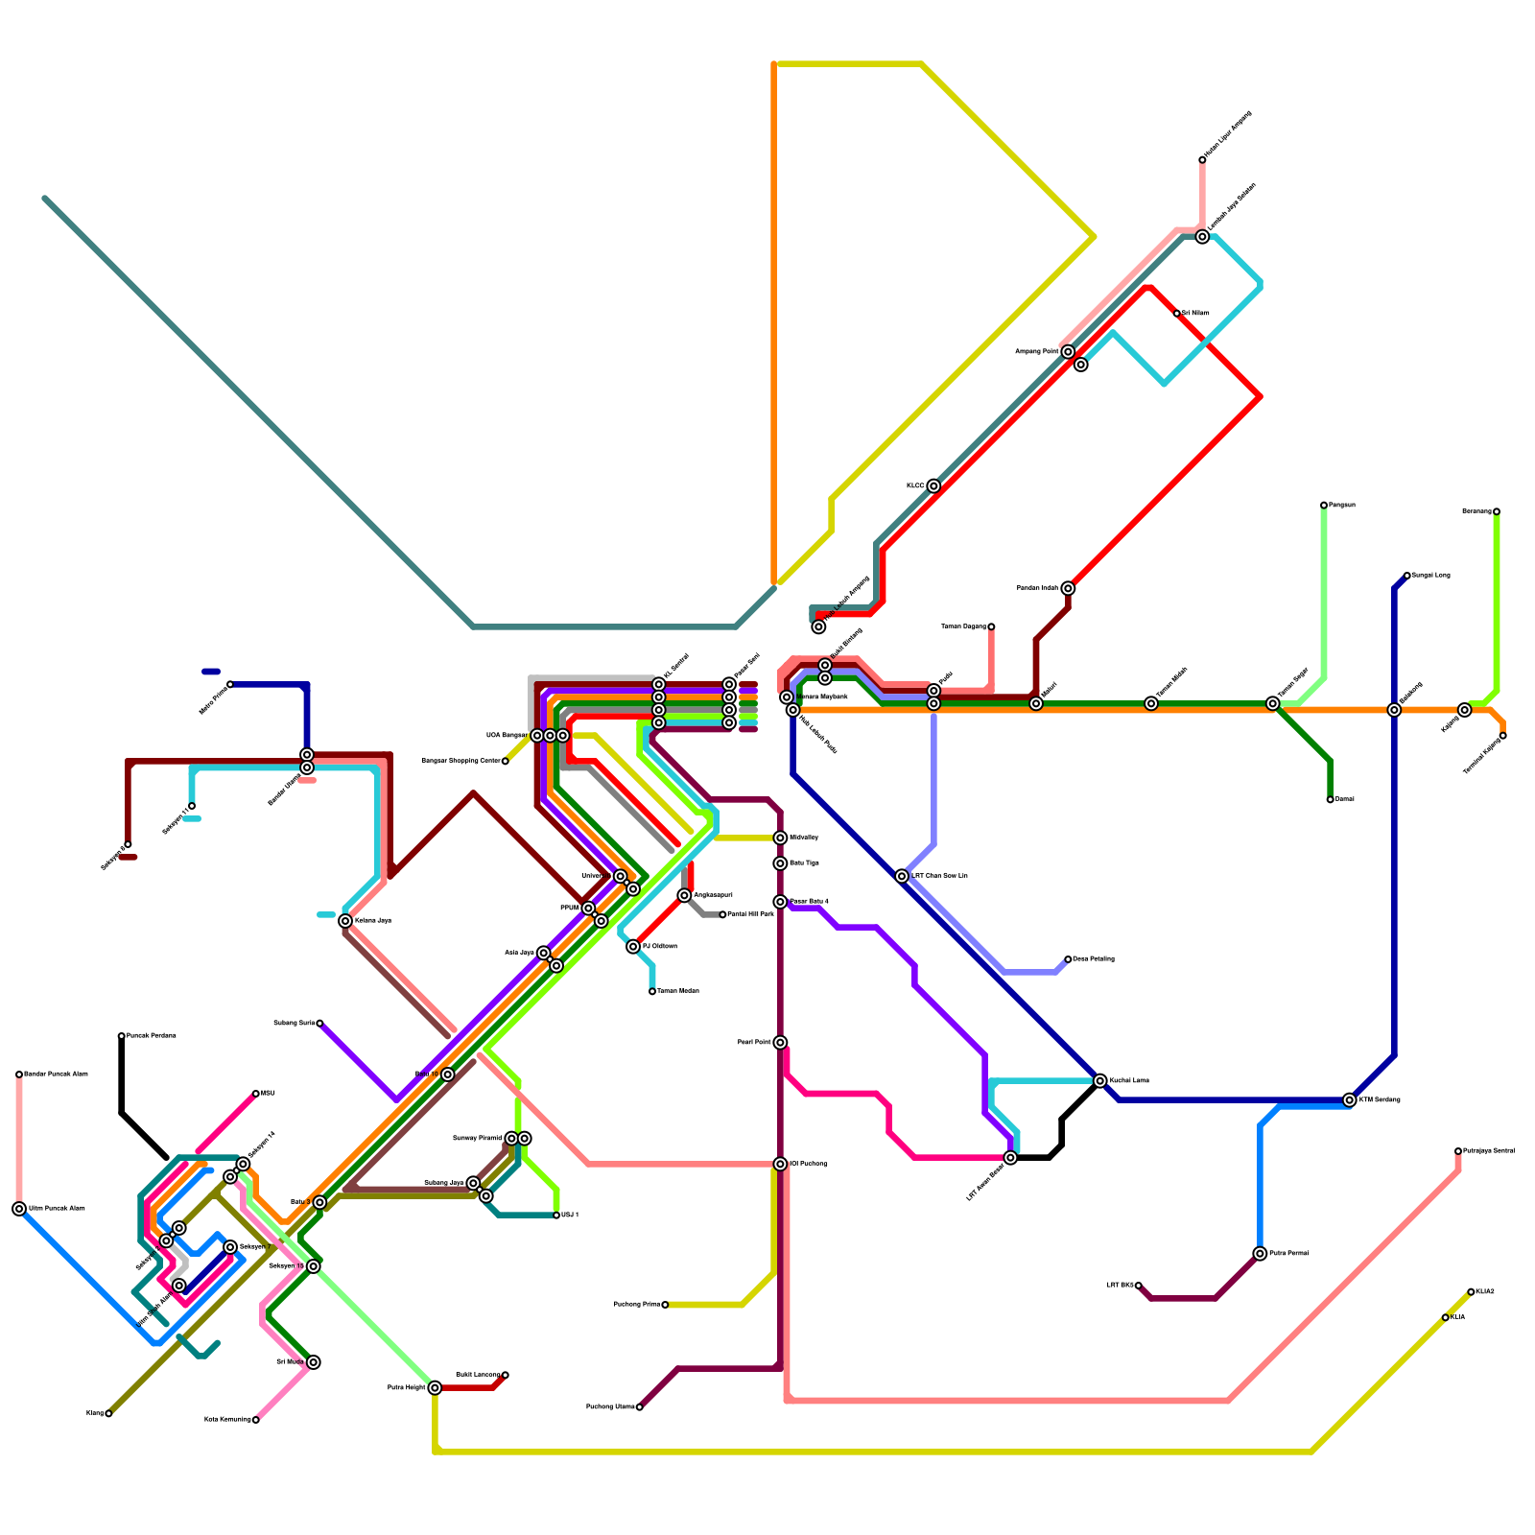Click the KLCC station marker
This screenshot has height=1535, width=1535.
click(933, 486)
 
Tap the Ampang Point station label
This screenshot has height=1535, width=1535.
click(1037, 352)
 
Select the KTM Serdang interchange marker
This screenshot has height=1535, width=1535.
click(1350, 1100)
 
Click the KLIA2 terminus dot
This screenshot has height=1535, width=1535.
click(1471, 1292)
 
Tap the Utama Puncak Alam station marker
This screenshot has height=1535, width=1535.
click(19, 1209)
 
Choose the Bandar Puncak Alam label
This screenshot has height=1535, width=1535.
click(56, 1074)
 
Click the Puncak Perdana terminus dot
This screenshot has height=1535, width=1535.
click(122, 1036)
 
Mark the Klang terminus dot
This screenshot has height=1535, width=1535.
click(108, 1413)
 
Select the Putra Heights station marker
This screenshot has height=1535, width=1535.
click(435, 1388)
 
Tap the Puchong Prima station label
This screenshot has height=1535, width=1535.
click(636, 1305)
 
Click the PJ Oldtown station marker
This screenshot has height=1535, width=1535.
click(633, 947)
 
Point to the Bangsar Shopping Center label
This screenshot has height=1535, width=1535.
click(461, 761)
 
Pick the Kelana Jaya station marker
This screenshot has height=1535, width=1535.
click(345, 921)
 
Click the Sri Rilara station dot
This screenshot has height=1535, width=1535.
click(1177, 314)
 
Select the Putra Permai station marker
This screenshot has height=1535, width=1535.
click(1260, 1254)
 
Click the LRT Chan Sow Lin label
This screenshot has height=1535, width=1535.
click(939, 876)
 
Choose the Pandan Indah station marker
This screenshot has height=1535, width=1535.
click(1068, 588)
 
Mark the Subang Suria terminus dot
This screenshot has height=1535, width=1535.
click(319, 1024)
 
